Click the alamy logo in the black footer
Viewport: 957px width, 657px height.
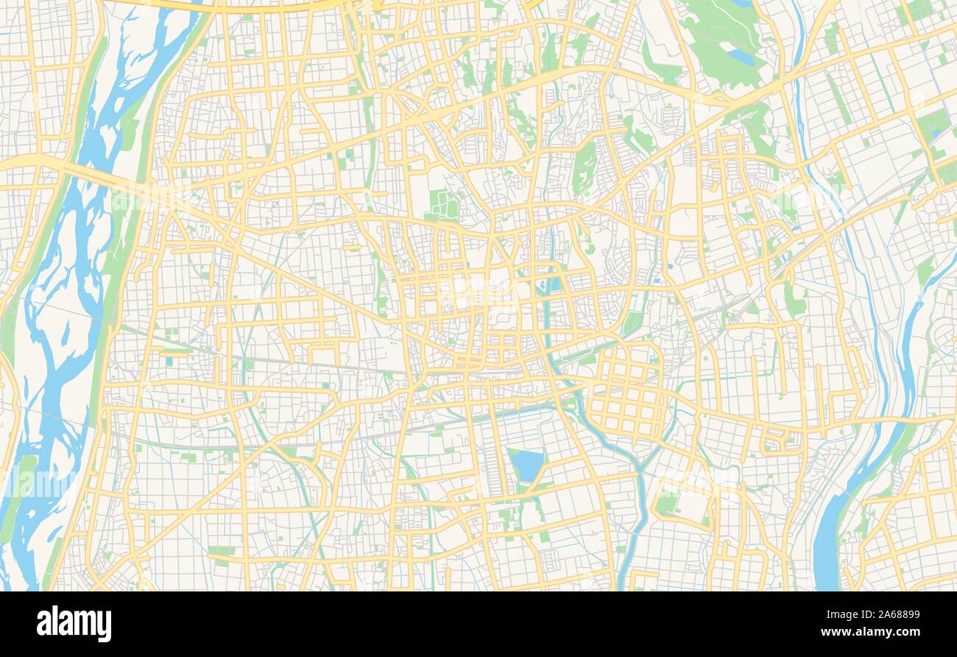point(74,624)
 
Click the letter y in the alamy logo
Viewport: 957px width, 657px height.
point(105,626)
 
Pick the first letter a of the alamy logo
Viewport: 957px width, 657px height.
point(43,625)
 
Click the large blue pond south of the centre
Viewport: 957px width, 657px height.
point(526,465)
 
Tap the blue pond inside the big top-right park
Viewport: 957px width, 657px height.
point(740,56)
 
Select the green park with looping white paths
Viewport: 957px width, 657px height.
point(442,204)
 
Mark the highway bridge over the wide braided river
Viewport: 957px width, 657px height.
point(81,175)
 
